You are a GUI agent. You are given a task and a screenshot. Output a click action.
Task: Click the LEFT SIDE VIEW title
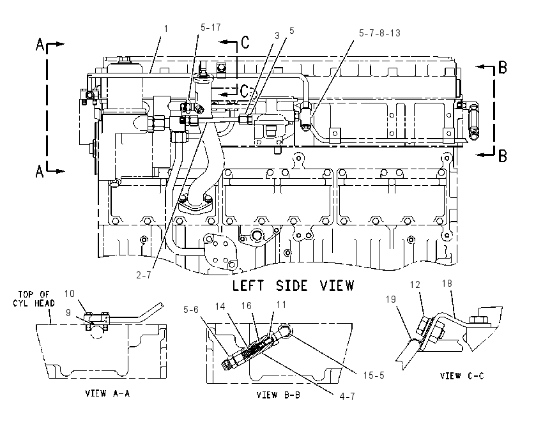point(293,286)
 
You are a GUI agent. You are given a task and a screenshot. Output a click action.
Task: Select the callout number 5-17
point(211,27)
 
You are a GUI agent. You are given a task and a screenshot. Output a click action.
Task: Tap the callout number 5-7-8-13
point(379,33)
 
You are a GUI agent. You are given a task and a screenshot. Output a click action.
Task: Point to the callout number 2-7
point(144,275)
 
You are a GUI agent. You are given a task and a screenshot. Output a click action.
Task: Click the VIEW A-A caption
point(108,393)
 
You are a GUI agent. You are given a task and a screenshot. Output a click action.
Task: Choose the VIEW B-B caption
point(279,395)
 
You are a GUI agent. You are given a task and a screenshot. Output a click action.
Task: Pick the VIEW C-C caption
point(462,375)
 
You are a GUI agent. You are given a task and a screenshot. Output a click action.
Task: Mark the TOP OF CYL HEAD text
point(34,299)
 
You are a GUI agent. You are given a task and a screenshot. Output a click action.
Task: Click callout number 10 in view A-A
point(69,294)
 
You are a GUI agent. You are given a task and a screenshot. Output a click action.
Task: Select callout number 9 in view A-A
point(68,312)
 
